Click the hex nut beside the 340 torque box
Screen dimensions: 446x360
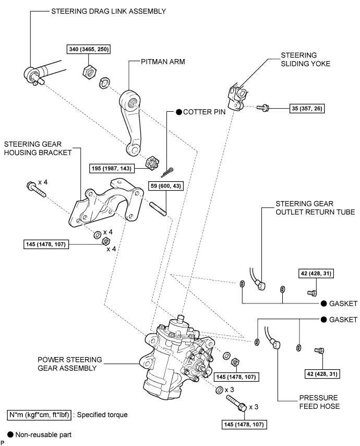click(x=88, y=70)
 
